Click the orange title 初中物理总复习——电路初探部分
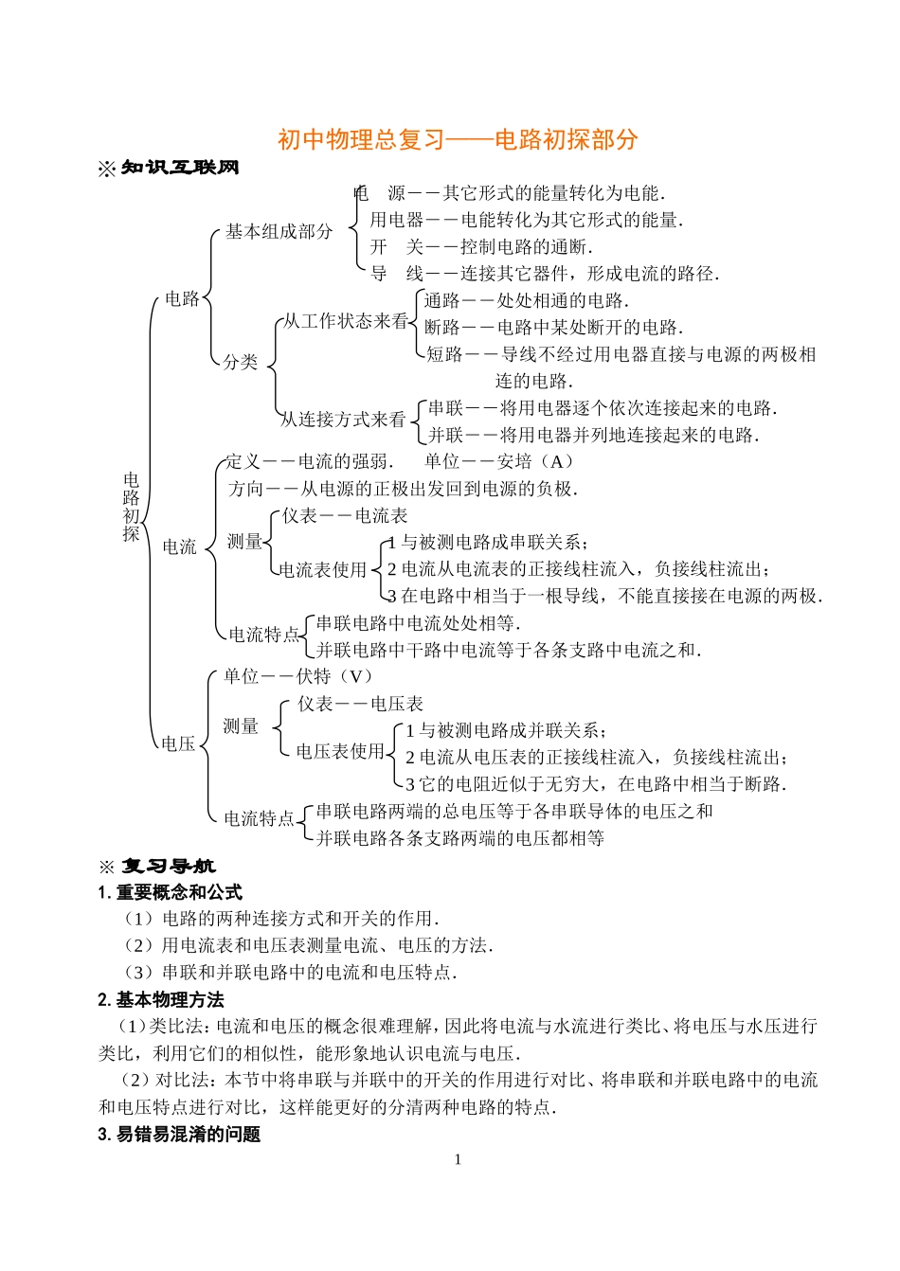coord(458,139)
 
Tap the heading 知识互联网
coord(180,168)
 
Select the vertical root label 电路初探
coord(131,507)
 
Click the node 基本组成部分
coord(279,231)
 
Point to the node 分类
coord(241,362)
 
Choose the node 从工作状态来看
coord(346,322)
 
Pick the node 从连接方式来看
coord(342,419)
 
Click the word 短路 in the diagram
coord(444,354)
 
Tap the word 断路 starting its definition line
coord(442,328)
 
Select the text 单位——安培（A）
coord(498,461)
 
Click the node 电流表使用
coord(323,569)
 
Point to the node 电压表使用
coord(340,751)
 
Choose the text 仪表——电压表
coord(360,704)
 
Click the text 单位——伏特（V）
coord(298,676)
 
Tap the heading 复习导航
coord(168,867)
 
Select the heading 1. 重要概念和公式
coord(171,892)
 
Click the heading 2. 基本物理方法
coord(161,1000)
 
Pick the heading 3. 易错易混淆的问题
coord(179,1135)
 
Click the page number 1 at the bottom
coord(458,1160)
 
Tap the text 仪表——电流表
coord(345,515)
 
